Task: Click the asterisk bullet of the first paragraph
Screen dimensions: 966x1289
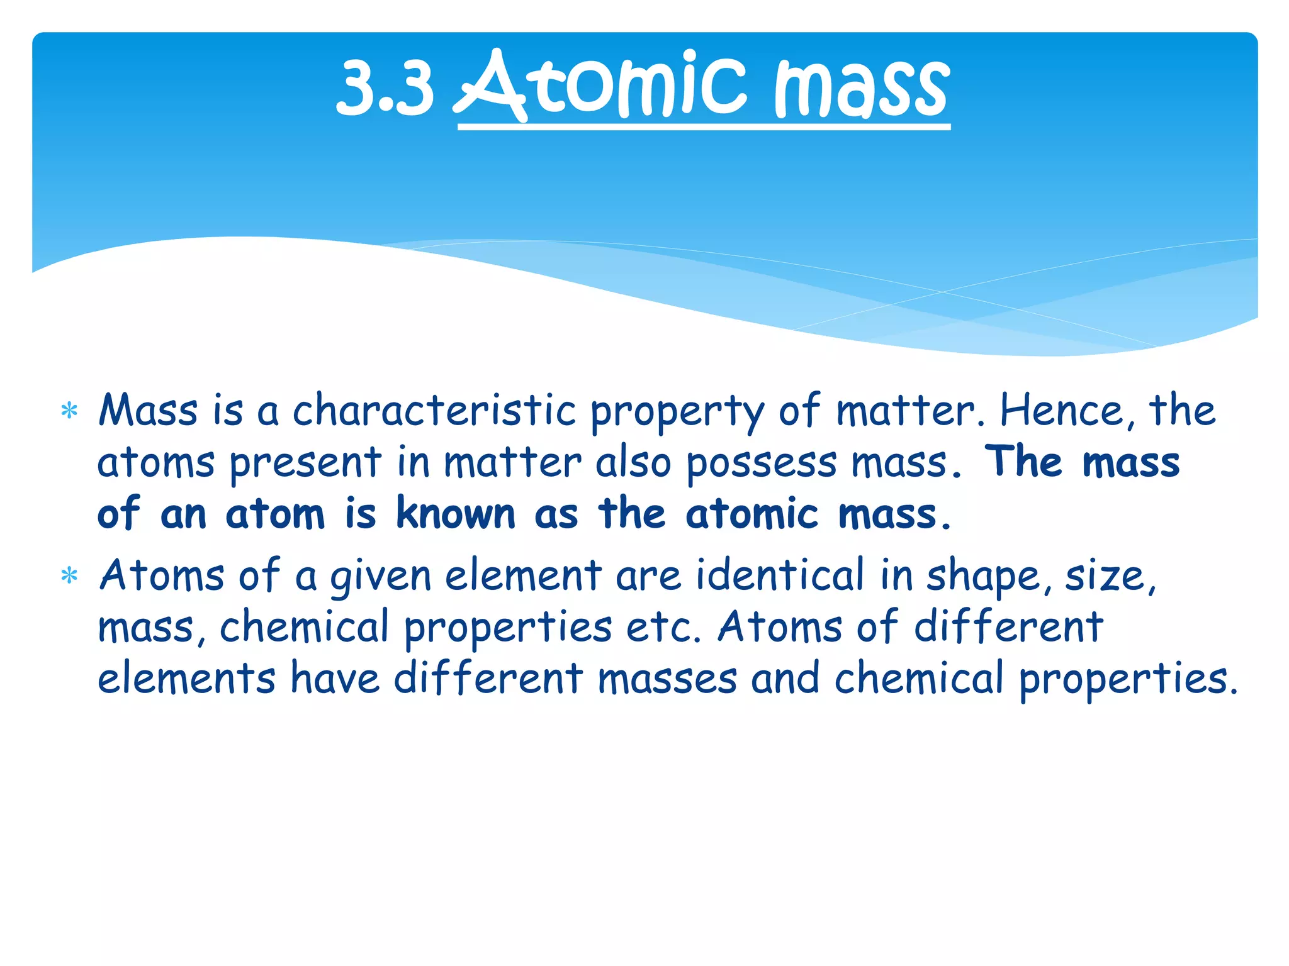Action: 69,413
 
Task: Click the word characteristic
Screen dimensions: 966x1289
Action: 434,411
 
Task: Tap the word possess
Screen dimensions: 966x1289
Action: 762,464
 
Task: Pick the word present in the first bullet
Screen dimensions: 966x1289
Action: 305,464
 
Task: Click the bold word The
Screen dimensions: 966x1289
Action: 1023,462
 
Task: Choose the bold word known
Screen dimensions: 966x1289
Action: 456,514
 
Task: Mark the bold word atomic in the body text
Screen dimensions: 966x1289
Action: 752,514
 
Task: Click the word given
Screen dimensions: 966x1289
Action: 381,577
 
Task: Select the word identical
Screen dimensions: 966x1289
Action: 780,575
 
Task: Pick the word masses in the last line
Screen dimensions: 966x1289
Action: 667,679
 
